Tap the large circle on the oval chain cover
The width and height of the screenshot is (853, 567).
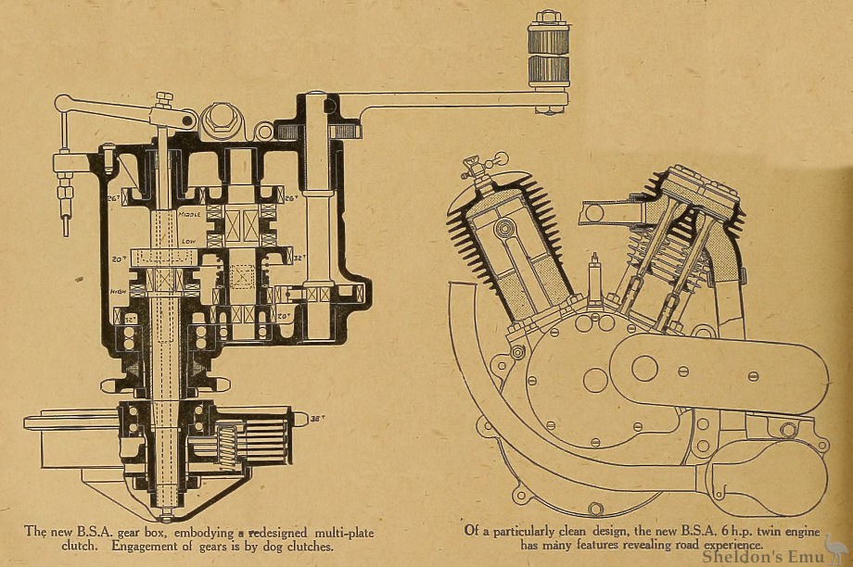(x=643, y=368)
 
